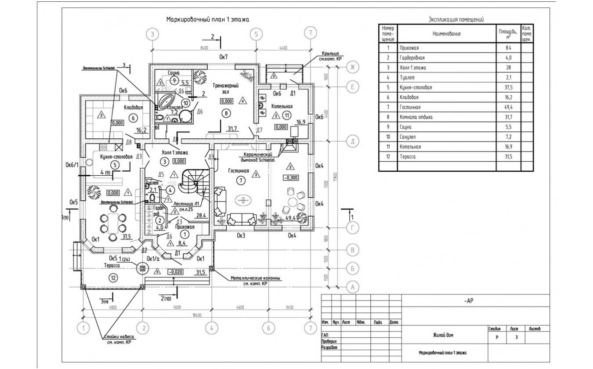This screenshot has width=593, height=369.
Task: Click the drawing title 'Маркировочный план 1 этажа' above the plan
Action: (x=208, y=20)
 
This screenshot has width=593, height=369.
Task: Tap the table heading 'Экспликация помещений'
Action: (x=456, y=20)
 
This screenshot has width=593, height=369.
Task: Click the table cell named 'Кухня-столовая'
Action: (x=416, y=87)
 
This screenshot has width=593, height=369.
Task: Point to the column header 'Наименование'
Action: (x=446, y=34)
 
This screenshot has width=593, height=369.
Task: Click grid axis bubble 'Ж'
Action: (x=352, y=67)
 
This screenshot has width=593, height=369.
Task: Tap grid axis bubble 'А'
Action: (x=352, y=287)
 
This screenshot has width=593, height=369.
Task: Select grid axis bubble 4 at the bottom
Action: (x=211, y=328)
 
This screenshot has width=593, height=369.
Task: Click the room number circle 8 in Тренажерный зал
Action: (x=227, y=113)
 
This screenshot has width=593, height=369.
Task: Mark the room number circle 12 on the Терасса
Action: (x=113, y=278)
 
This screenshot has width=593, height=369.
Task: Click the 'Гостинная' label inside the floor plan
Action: (x=239, y=171)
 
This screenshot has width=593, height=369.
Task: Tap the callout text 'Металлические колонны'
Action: (x=256, y=278)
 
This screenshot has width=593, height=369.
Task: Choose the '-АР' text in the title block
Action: (x=469, y=301)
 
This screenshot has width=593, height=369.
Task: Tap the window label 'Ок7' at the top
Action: (x=224, y=57)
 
